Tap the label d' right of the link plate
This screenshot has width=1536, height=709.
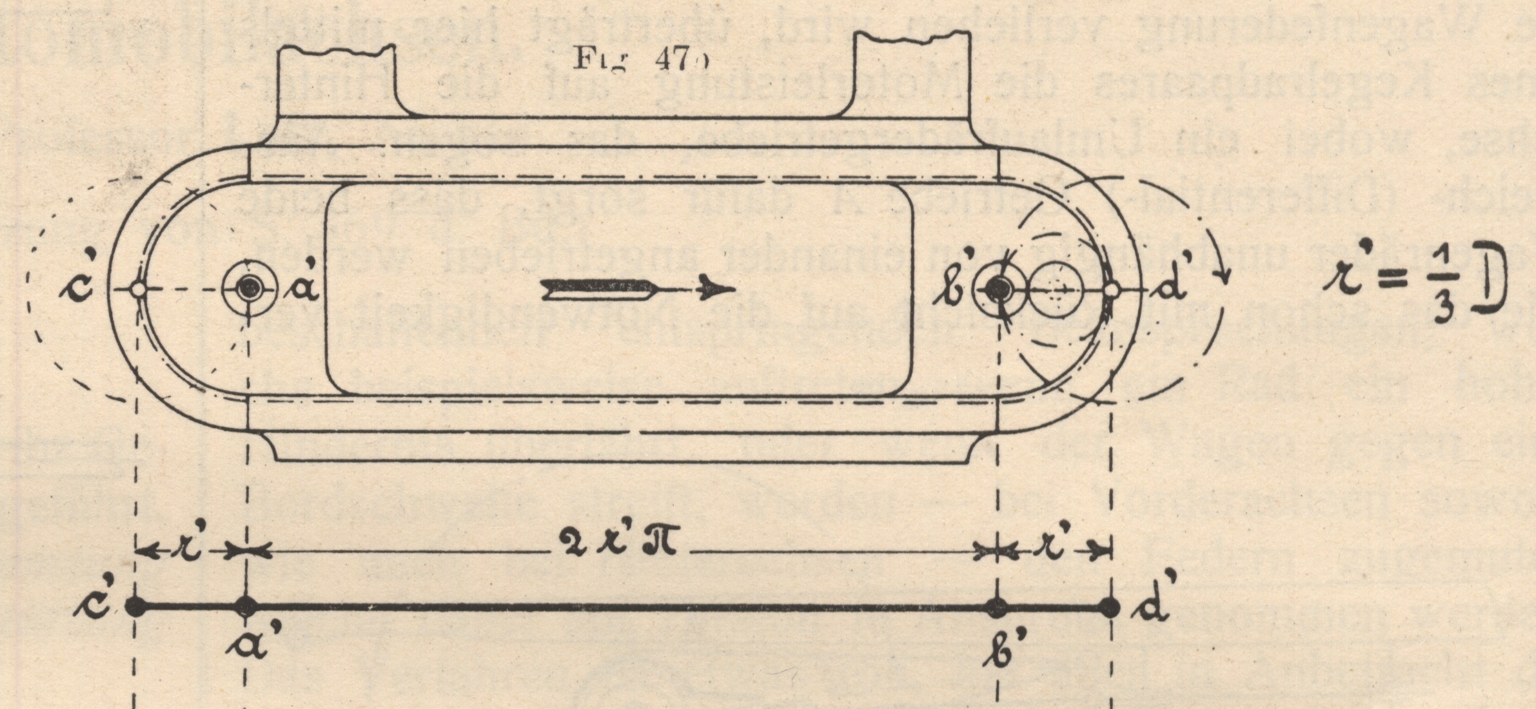1168,287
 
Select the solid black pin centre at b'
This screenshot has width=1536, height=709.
998,289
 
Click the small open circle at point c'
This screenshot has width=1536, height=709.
137,289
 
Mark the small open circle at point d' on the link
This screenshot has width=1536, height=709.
1110,290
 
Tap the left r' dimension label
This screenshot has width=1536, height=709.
191,552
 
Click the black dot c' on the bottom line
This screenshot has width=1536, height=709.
135,606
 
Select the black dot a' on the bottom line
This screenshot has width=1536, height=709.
246,606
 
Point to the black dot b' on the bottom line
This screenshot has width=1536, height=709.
997,606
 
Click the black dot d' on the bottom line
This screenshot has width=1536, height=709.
1110,606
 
